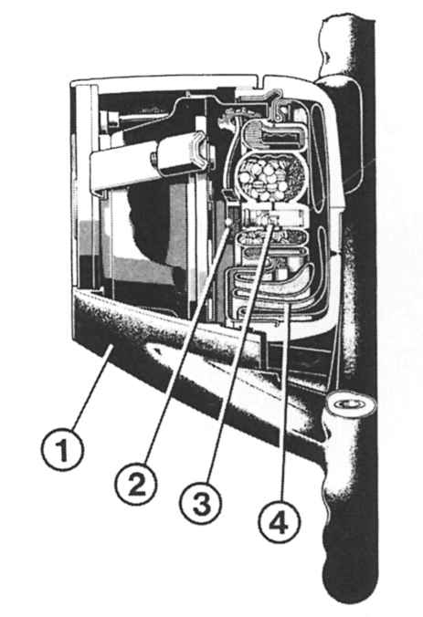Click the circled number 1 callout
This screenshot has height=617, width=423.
coord(63,450)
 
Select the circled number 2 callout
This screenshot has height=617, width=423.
coord(136,484)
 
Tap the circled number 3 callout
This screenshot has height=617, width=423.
coord(201,503)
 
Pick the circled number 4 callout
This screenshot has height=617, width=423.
coord(280,522)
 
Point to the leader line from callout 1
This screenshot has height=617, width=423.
coord(92,388)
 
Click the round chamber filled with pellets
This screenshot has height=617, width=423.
coord(272,176)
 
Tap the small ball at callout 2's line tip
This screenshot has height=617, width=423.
coord(227,223)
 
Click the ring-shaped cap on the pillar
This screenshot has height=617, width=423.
coord(350,404)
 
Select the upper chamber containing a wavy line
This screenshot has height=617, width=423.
coord(274,135)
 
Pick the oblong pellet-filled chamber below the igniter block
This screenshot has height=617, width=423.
coord(271,237)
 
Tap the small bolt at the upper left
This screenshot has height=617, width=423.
coord(109,119)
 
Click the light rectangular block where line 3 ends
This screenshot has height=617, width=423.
coord(276,216)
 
